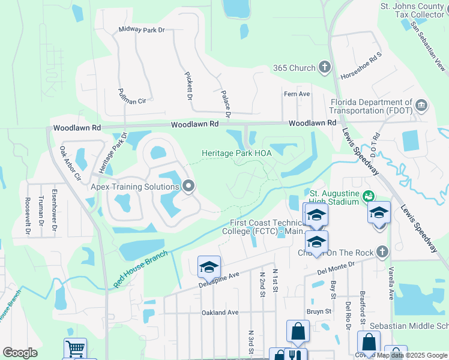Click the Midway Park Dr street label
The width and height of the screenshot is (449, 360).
[142, 29]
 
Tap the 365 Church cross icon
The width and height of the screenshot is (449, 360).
[325, 68]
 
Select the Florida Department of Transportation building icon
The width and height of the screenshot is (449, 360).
[421, 107]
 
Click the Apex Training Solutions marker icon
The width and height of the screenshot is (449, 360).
[189, 187]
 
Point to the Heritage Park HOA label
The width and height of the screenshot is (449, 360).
[237, 153]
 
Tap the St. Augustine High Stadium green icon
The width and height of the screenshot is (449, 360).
[369, 196]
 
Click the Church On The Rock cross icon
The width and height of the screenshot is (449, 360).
[381, 253]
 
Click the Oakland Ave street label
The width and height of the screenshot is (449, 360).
[220, 313]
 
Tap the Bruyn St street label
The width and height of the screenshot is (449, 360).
[319, 311]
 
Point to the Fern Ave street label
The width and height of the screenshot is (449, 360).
[297, 94]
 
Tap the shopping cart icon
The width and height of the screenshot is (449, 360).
[75, 349]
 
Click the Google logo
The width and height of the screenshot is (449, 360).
[20, 352]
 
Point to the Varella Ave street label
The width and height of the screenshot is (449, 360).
[391, 283]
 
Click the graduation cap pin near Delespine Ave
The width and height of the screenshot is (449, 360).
[209, 267]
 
